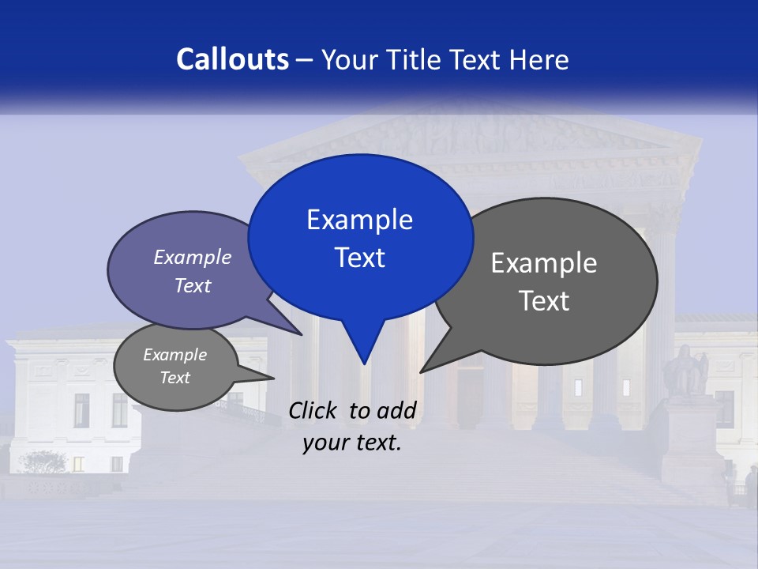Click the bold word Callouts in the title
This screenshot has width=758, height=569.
click(x=233, y=59)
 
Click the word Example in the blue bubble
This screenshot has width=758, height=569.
click(x=359, y=220)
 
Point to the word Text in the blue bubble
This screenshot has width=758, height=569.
click(x=359, y=258)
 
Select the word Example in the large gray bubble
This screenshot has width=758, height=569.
click(x=544, y=263)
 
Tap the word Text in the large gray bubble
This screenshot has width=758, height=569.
click(x=544, y=301)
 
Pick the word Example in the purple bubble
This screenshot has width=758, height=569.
click(x=193, y=257)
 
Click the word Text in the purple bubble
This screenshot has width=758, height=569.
click(x=193, y=285)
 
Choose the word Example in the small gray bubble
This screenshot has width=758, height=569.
click(x=175, y=355)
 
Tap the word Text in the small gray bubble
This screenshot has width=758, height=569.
click(x=175, y=378)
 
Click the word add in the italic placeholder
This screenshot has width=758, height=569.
click(x=396, y=410)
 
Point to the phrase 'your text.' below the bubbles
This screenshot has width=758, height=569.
click(x=352, y=443)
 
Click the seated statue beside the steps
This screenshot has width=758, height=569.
click(x=685, y=371)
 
